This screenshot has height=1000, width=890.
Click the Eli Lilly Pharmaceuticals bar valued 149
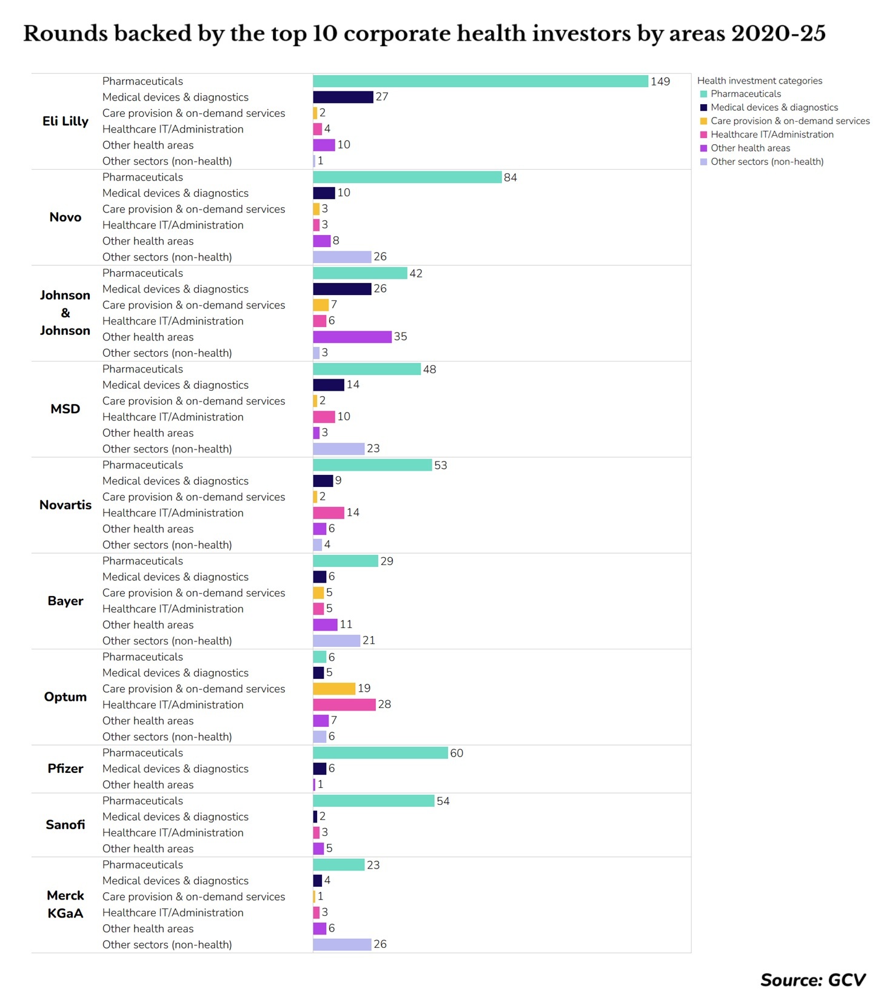pos(480,81)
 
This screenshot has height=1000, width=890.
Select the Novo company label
pos(65,217)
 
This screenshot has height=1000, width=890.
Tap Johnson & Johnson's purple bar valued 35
pos(352,337)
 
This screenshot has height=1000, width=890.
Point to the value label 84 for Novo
pos(510,177)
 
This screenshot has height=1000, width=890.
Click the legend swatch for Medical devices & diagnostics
pos(703,108)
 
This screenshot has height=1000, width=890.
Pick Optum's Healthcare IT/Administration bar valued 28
pos(344,704)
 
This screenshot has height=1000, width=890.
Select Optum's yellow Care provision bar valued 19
pos(334,689)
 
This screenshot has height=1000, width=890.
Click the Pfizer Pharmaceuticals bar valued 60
pos(380,753)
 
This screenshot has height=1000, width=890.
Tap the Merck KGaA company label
pos(65,904)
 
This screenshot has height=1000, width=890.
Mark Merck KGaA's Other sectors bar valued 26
pos(342,944)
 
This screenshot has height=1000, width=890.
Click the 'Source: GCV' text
pos(813,980)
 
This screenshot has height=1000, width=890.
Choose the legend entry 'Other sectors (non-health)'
pos(767,162)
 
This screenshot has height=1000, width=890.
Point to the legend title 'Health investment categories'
pos(760,81)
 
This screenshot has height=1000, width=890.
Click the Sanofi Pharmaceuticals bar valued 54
pos(373,801)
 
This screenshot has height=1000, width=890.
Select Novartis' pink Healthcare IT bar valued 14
pos(328,512)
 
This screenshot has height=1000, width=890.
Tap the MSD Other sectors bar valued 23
pos(338,449)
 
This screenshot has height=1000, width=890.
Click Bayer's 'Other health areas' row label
pos(148,625)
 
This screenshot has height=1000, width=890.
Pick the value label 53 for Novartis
pos(441,465)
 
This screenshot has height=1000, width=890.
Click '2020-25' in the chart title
pos(778,33)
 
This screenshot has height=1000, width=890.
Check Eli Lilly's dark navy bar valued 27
pos(343,97)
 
